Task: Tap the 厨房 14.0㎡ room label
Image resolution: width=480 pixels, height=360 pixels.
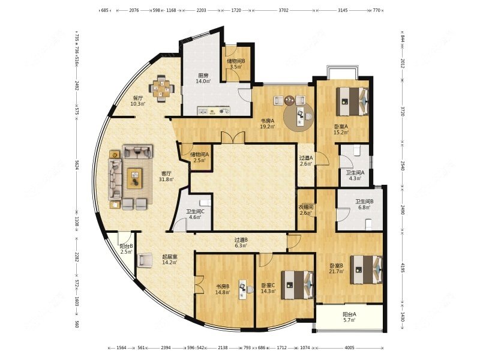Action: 203,78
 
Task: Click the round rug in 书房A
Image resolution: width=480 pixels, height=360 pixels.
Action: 298,115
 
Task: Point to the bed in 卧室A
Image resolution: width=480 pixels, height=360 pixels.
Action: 352,101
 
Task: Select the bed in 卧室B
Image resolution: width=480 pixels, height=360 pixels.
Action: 367,269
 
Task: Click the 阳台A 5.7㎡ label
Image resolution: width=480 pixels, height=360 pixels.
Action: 349,317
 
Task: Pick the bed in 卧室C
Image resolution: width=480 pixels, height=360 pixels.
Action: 298,283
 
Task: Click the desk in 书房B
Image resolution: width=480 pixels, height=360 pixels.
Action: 244,289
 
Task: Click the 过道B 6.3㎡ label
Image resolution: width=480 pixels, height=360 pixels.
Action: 241,242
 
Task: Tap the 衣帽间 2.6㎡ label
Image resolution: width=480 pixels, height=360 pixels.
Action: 306,210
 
